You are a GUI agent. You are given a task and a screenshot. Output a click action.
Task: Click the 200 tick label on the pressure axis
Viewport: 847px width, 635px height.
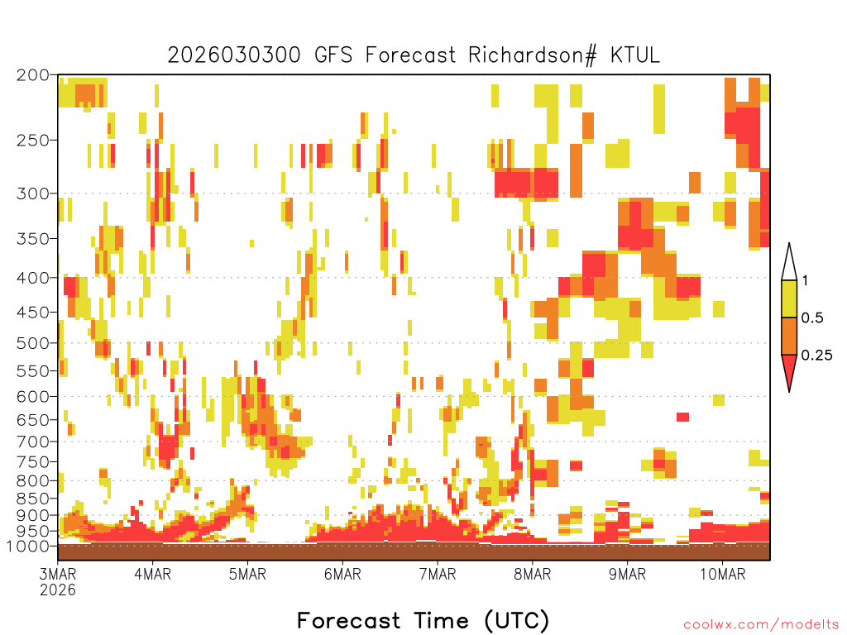pos(33,75)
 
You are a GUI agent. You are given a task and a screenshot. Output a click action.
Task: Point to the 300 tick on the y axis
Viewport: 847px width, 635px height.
pos(33,193)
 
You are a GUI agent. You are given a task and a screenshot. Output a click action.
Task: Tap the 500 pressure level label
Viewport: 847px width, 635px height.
pos(33,343)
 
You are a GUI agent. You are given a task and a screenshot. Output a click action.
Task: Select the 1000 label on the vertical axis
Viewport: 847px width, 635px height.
pos(28,546)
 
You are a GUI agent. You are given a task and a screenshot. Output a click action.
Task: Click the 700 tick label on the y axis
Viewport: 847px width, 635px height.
pos(33,442)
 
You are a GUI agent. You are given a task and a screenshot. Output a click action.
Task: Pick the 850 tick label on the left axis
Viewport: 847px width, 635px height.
pos(33,499)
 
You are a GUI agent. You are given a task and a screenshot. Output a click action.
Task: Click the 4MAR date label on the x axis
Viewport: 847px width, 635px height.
pos(153,574)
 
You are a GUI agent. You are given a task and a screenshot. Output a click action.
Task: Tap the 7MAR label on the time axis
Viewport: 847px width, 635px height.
pos(438,574)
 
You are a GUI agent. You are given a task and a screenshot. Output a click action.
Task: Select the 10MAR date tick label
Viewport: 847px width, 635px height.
pos(723,574)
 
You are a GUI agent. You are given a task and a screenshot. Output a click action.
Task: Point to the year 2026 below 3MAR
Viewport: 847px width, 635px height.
pos(58,590)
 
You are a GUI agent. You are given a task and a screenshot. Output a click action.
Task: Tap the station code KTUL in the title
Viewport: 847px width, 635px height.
pos(635,55)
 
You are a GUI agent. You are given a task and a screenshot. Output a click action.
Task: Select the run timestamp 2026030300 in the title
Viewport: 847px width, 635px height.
pos(234,55)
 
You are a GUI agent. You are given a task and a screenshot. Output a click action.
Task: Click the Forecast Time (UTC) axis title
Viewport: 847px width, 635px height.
pos(423,620)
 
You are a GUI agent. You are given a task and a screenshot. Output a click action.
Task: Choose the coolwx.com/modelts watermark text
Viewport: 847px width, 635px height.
pos(761,625)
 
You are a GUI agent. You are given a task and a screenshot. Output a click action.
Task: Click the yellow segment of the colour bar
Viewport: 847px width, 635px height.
pos(789,298)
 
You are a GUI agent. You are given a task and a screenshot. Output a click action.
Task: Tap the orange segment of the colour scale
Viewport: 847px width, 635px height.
pos(789,336)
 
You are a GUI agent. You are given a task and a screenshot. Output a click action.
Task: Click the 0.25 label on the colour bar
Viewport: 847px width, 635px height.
pos(816,356)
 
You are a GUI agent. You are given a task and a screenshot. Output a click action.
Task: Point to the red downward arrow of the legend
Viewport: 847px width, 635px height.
pos(789,370)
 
